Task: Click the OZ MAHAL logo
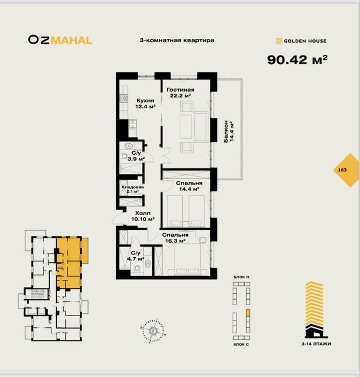pos(60,40)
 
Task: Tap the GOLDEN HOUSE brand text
pos(305,41)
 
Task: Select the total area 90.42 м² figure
pos(297,60)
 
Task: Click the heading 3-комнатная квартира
pos(177,40)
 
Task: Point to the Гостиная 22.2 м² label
pos(180,93)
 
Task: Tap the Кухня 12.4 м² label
pos(145,104)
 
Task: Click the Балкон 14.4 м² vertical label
pos(229,131)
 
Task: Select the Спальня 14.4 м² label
pos(189,186)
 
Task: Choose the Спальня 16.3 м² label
pos(175,238)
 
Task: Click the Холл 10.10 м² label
pos(142,216)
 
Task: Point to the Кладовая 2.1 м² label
pos(132,189)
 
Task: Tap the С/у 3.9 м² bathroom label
pos(136,156)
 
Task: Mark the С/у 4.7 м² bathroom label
pos(135,256)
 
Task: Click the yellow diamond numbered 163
pos(345,170)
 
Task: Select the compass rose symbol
pos(153,331)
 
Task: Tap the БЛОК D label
pos(241,277)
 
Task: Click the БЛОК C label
pos(241,344)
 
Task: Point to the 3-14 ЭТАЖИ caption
pos(316,344)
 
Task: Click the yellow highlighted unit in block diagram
pos(248,313)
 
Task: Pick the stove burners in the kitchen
pos(124,99)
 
